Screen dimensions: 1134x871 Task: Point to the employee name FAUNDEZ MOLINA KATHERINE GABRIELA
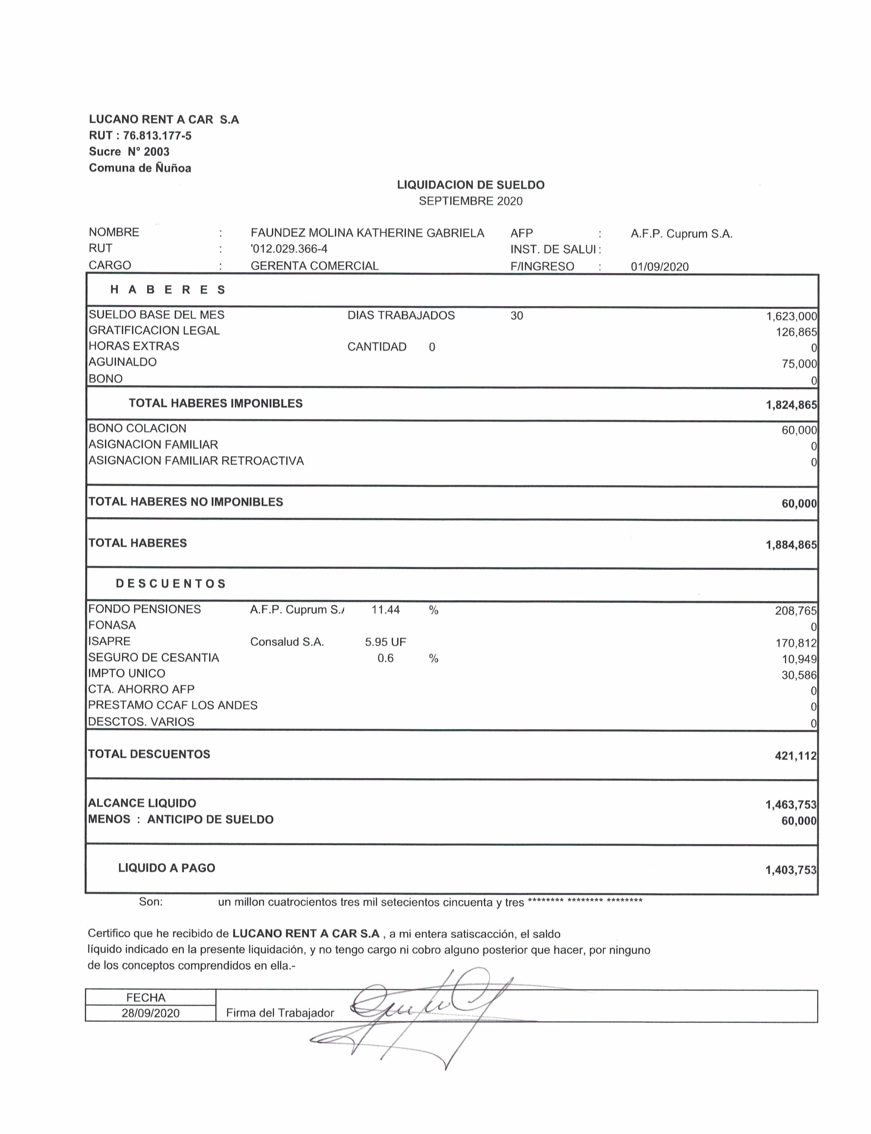pyautogui.click(x=367, y=233)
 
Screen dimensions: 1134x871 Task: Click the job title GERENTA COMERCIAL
pyautogui.click(x=314, y=266)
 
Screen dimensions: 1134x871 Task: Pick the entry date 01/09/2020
pyautogui.click(x=659, y=267)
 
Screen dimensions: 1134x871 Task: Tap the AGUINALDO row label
pyautogui.click(x=122, y=362)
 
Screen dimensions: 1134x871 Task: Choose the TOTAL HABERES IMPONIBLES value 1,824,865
pyautogui.click(x=791, y=405)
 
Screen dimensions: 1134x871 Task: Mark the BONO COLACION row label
pyautogui.click(x=137, y=428)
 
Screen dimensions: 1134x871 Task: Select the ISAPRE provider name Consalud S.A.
pyautogui.click(x=287, y=642)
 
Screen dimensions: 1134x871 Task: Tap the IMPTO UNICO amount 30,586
pyautogui.click(x=799, y=675)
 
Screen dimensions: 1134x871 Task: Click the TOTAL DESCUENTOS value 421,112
pyautogui.click(x=795, y=756)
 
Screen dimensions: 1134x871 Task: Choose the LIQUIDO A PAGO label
pyautogui.click(x=167, y=868)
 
